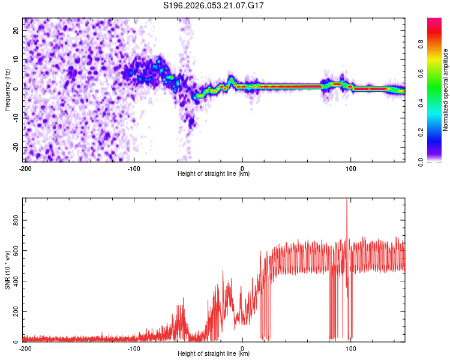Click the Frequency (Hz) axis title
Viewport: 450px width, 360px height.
pyautogui.click(x=7, y=89)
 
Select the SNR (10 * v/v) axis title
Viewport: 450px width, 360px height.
pyautogui.click(x=7, y=269)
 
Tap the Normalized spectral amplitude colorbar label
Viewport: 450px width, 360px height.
pyautogui.click(x=446, y=89)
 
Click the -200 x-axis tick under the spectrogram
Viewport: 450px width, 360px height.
pyautogui.click(x=25, y=168)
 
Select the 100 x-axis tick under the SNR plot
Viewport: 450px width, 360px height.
pyautogui.click(x=350, y=348)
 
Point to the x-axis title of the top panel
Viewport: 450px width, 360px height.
pyautogui.click(x=214, y=174)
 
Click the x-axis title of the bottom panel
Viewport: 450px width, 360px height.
pyautogui.click(x=214, y=354)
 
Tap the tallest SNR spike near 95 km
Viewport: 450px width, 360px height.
pyautogui.click(x=347, y=202)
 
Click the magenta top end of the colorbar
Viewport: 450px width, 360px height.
pyautogui.click(x=434, y=20)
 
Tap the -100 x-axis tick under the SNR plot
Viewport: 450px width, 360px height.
pyautogui.click(x=134, y=348)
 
